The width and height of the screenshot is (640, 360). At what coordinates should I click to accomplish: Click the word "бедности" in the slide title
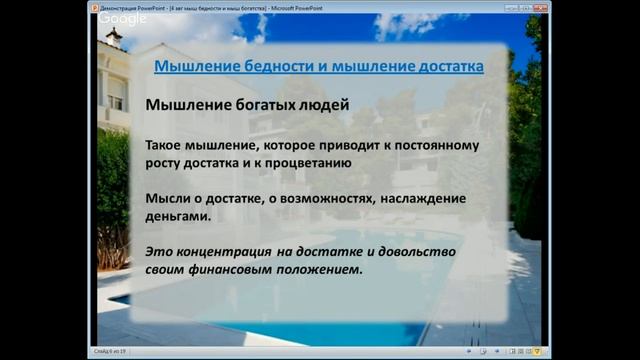pos(263,67)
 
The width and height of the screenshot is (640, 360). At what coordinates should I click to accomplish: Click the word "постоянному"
pos(435,144)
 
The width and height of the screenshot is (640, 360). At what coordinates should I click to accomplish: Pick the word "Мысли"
pos(169,198)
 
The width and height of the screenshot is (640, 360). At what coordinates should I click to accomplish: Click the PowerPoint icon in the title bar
pos(94,5)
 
